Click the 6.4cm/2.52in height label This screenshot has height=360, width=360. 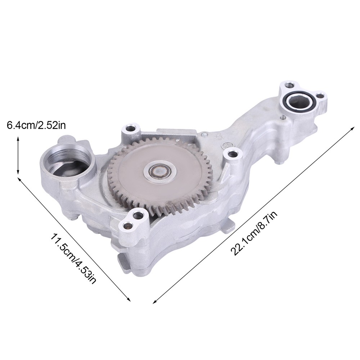[36, 125]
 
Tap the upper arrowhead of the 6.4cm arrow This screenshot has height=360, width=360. [18, 138]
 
